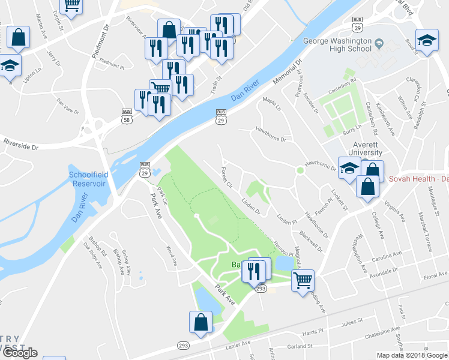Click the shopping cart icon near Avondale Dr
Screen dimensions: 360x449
coord(303,279)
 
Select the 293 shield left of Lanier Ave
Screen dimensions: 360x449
coord(184,345)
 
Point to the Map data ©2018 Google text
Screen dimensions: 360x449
coord(412,355)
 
